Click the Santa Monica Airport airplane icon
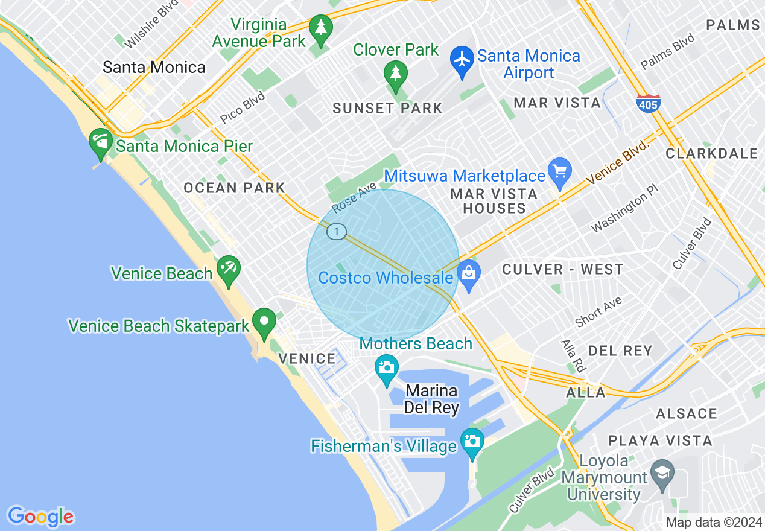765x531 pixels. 462,60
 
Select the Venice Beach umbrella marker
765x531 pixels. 229,270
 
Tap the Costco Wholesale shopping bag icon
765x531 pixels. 469,275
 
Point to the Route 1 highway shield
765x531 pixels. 337,231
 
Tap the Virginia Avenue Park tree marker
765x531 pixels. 320,28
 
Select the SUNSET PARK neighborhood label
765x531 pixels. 388,109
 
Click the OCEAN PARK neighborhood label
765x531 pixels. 234,188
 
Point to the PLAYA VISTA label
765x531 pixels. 660,440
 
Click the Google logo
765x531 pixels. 40,517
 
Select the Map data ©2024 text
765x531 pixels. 714,522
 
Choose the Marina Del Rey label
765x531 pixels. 431,399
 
